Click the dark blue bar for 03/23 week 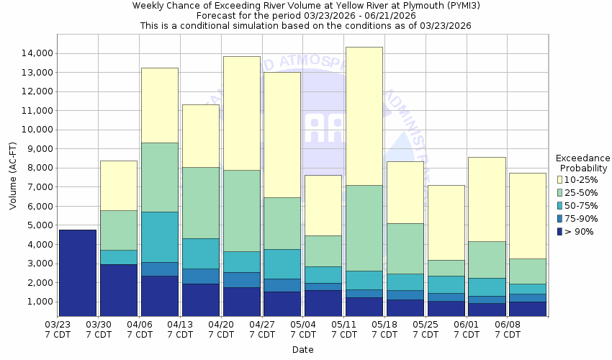click(x=78, y=274)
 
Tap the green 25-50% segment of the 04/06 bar click(x=160, y=177)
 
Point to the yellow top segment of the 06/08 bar click(x=528, y=215)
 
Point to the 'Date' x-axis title click(x=302, y=350)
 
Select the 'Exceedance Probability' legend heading click(x=582, y=163)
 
